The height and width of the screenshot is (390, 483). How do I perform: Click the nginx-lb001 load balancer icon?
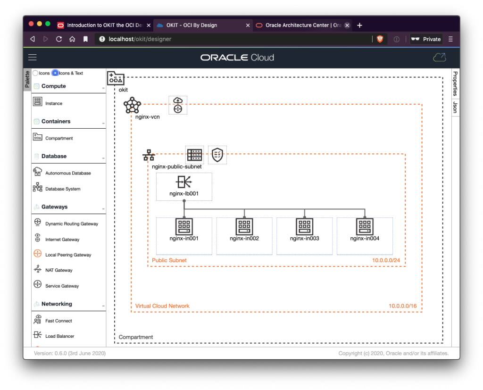coord(184,182)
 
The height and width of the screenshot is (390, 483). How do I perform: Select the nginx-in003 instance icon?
coord(304,226)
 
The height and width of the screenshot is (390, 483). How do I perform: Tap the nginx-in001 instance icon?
coord(184,226)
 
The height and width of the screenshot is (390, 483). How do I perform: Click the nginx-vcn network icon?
coord(133,105)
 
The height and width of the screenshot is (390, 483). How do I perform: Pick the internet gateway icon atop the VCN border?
coord(178,105)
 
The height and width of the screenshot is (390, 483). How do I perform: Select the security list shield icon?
coord(217,155)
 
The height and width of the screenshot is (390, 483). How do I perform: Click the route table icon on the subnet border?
coord(194,155)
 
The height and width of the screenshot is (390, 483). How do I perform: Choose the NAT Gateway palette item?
coord(58,270)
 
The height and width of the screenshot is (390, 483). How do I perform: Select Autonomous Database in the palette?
coord(67,173)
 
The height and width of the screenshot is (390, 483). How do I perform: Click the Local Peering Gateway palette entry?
coord(68,255)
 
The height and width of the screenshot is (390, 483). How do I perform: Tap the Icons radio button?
coord(36,73)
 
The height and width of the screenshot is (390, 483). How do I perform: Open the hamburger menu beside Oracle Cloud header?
coord(33,58)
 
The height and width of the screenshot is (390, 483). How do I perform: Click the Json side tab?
coord(455,107)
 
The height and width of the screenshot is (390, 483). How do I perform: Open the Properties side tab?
coord(455,83)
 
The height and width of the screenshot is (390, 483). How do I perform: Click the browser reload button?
coord(59,39)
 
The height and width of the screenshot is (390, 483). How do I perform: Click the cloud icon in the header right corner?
coord(439,58)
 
